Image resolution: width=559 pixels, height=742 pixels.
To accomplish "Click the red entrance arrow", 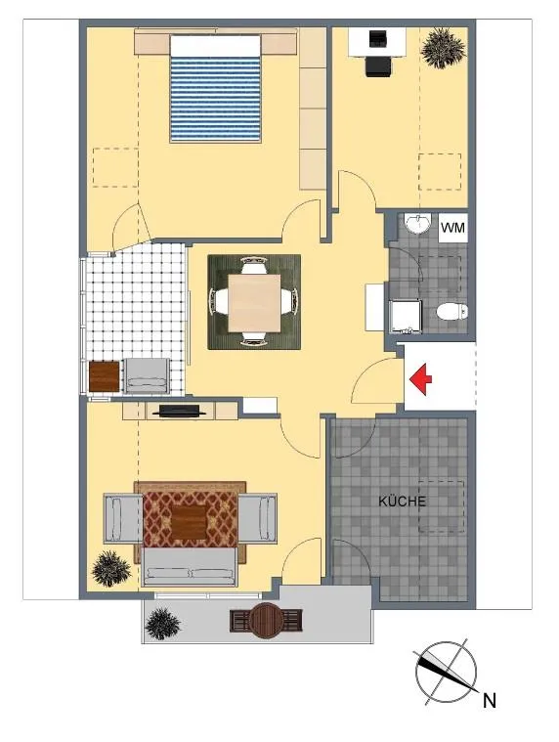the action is [420, 379].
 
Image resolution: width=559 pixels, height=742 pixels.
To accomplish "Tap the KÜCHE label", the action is [402, 502].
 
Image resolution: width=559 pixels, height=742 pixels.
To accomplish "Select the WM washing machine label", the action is [453, 228].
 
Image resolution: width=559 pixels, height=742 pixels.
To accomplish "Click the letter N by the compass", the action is [490, 700].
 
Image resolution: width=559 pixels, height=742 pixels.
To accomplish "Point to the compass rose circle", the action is [446, 672].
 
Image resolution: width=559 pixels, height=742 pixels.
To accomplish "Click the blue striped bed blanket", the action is [215, 100].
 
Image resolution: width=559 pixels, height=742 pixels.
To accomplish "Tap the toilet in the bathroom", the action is [451, 312].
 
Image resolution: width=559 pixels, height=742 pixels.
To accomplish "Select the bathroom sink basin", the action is [417, 224].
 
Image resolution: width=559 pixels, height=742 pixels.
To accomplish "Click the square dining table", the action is [254, 303].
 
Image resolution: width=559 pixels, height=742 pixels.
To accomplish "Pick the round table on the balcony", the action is [266, 621].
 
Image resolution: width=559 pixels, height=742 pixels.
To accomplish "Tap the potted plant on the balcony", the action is [162, 624].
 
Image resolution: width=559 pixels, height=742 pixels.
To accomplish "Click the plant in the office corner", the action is [443, 48].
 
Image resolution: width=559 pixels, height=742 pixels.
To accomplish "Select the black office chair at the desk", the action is [378, 66].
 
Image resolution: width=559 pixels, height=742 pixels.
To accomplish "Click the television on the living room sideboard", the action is [180, 411].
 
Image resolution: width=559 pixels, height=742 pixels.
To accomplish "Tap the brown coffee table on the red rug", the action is [190, 523].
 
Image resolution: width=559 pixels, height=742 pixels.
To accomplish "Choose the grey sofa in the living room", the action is [190, 566].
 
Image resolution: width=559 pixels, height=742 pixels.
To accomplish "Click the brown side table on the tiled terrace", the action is [104, 376].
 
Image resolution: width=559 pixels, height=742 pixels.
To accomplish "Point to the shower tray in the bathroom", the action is [404, 316].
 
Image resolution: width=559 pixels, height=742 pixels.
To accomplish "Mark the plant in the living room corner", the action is [110, 569].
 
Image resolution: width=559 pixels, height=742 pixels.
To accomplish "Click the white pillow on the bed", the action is [215, 46].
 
